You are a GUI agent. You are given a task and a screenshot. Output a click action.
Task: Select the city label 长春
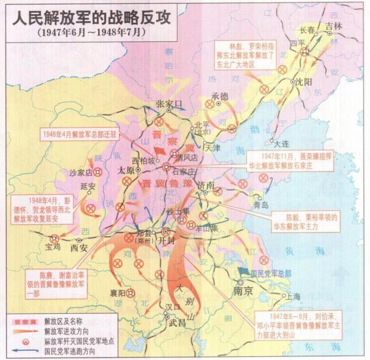pyautogui.click(x=306, y=30)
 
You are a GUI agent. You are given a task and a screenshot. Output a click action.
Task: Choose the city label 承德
pyautogui.click(x=220, y=96)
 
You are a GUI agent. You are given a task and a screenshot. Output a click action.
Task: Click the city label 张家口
pyautogui.click(x=170, y=103)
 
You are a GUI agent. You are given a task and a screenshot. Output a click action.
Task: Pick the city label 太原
pyautogui.click(x=126, y=170)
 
